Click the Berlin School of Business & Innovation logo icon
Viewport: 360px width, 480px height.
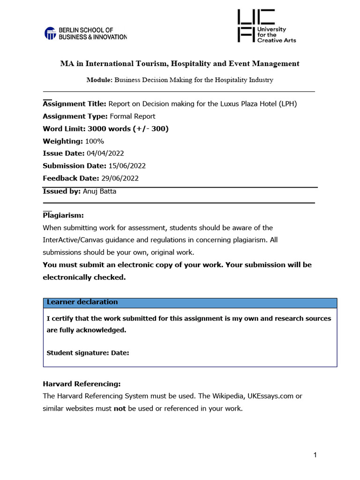(x=50, y=33)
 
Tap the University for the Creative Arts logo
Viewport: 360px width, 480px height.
(x=267, y=26)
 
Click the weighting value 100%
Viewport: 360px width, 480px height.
(x=95, y=141)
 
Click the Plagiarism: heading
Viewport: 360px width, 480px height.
(x=63, y=215)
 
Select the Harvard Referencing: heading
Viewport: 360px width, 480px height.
(x=82, y=383)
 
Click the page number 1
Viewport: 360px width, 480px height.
(x=315, y=455)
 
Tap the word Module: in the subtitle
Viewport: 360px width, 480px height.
(x=99, y=80)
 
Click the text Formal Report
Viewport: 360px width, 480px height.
(x=132, y=116)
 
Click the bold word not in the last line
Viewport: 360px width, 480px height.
(x=120, y=408)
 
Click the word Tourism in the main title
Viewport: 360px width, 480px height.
(x=151, y=64)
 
